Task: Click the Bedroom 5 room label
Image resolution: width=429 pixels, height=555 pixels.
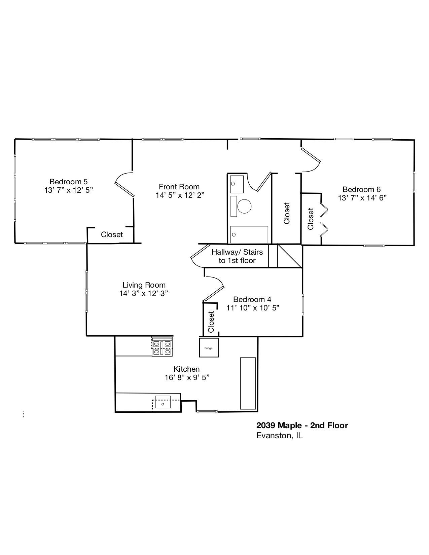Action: (x=68, y=182)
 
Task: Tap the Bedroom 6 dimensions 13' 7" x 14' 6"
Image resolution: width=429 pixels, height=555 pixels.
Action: (x=362, y=198)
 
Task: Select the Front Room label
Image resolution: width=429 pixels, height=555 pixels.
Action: (x=179, y=187)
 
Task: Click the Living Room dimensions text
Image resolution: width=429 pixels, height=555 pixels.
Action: (x=144, y=293)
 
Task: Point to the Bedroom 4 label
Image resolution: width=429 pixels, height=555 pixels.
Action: (x=252, y=299)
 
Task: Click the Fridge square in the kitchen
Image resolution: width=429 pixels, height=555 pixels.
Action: (x=209, y=348)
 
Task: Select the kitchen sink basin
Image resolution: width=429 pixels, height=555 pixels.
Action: (x=163, y=402)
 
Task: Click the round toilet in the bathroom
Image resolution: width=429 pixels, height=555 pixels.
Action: (x=244, y=206)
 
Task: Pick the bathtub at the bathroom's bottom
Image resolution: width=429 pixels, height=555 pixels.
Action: (x=249, y=235)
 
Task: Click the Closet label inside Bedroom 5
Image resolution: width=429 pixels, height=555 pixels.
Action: (x=112, y=234)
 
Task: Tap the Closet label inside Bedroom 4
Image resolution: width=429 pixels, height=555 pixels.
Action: (x=211, y=322)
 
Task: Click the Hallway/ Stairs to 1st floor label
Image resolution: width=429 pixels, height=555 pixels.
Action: (x=237, y=256)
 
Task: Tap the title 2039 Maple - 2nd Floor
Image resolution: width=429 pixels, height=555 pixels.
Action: (x=302, y=425)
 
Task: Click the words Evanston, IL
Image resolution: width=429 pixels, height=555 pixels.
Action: (x=279, y=436)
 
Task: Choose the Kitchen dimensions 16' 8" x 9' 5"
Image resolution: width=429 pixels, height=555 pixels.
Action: (x=187, y=377)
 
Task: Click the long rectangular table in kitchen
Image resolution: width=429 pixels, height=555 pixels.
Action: (x=248, y=383)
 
